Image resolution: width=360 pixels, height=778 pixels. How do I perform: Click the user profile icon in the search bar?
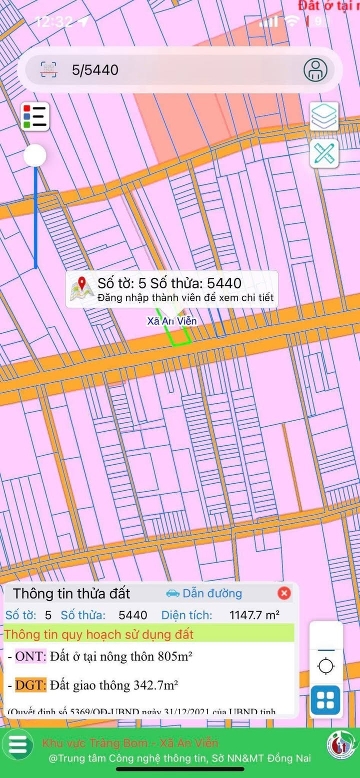pyautogui.click(x=315, y=69)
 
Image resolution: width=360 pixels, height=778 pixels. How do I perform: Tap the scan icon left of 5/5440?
pyautogui.click(x=48, y=69)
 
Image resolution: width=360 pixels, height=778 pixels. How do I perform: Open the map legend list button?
pyautogui.click(x=35, y=116)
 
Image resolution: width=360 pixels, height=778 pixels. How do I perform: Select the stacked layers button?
pyautogui.click(x=324, y=116)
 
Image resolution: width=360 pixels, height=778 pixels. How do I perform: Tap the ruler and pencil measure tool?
pyautogui.click(x=324, y=153)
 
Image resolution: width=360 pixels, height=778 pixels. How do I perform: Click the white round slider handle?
pyautogui.click(x=35, y=156)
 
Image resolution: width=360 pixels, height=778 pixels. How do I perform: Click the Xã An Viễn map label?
pyautogui.click(x=172, y=321)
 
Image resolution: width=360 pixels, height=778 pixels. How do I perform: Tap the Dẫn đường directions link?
pyautogui.click(x=204, y=593)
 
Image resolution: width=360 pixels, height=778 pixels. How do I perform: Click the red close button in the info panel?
pyautogui.click(x=284, y=593)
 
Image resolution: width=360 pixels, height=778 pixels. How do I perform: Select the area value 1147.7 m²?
pyautogui.click(x=254, y=615)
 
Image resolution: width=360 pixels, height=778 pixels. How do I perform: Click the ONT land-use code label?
pyautogui.click(x=30, y=657)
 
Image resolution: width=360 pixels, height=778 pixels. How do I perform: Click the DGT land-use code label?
pyautogui.click(x=30, y=685)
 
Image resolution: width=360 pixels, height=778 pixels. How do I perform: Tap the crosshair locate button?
pyautogui.click(x=326, y=666)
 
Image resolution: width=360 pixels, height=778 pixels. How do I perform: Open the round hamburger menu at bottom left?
pyautogui.click(x=17, y=744)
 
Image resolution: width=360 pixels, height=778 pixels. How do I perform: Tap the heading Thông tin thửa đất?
pyautogui.click(x=71, y=593)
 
